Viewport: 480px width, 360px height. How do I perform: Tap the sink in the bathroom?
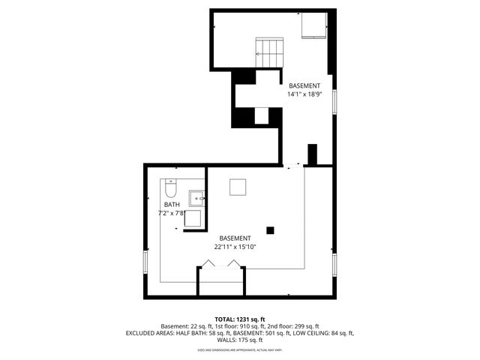click(196, 199)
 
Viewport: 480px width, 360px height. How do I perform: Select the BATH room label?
click(172, 205)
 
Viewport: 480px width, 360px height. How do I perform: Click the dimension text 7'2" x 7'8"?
click(172, 214)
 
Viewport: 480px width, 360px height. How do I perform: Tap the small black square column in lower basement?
click(271, 230)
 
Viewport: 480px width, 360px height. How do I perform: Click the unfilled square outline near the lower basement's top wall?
click(238, 187)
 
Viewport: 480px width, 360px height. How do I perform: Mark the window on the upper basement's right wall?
click(335, 101)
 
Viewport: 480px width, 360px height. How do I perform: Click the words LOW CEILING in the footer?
click(307, 333)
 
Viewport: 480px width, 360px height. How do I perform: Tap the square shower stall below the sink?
click(193, 219)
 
